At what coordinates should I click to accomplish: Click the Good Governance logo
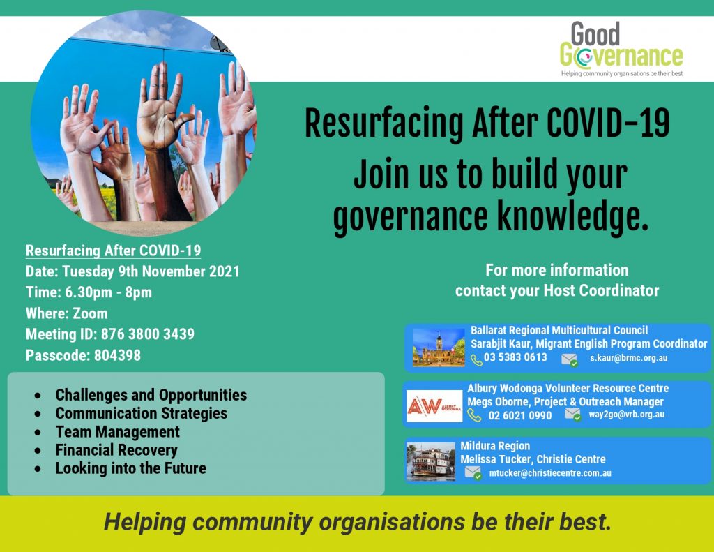621,50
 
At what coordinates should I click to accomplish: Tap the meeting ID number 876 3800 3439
148,334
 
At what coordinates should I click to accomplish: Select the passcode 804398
117,355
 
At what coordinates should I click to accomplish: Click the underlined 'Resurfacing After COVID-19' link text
114,251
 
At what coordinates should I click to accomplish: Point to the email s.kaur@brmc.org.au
629,358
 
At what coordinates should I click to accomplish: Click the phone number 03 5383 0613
515,357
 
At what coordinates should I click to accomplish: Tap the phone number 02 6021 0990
520,415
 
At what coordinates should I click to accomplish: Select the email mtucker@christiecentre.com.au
550,473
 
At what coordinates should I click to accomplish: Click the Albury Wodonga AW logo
434,405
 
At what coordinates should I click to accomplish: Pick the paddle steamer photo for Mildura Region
431,461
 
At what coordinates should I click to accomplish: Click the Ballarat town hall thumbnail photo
439,348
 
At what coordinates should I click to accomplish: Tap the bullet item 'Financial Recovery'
116,450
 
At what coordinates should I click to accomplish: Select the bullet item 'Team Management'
117,432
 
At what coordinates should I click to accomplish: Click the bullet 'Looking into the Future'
130,468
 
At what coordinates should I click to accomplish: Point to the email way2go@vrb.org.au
627,415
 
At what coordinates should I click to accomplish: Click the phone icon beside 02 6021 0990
474,415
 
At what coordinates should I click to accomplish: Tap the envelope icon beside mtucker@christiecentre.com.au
473,472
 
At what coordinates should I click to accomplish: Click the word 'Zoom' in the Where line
90,313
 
